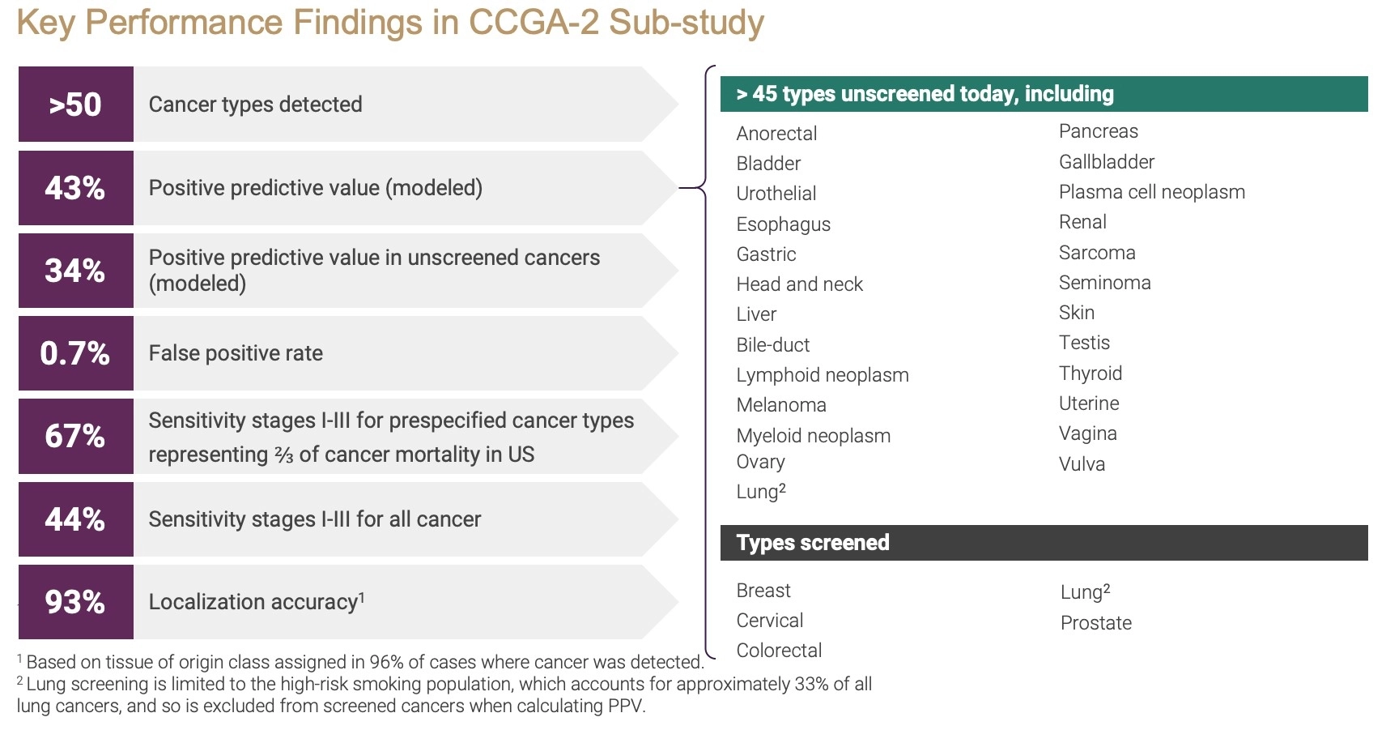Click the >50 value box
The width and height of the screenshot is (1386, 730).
(x=75, y=104)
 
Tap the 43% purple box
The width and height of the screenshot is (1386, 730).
(x=75, y=188)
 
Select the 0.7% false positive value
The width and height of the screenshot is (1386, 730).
(x=75, y=353)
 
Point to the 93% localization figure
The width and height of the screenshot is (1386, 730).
(x=75, y=602)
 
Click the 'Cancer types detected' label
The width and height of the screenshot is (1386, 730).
(x=256, y=105)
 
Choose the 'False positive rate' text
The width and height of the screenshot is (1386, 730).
(x=236, y=353)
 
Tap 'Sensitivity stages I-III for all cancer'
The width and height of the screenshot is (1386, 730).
(x=314, y=519)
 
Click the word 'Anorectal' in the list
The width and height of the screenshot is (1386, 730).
(x=776, y=133)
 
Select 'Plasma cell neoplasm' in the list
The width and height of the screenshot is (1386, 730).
(x=1152, y=192)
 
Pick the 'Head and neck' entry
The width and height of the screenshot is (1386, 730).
(x=799, y=284)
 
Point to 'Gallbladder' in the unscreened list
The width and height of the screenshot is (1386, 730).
(x=1107, y=161)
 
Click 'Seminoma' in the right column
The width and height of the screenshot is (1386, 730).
(x=1105, y=283)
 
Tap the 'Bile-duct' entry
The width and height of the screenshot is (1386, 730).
(x=773, y=345)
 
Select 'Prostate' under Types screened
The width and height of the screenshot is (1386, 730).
(x=1096, y=623)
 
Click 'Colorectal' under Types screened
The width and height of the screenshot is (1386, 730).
(x=779, y=651)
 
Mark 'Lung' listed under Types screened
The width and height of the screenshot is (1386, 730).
(x=1086, y=592)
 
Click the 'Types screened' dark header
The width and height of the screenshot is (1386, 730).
(x=1044, y=543)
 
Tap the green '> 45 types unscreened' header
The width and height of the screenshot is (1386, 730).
(x=1044, y=94)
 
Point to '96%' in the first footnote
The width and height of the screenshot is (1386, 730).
(x=386, y=663)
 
